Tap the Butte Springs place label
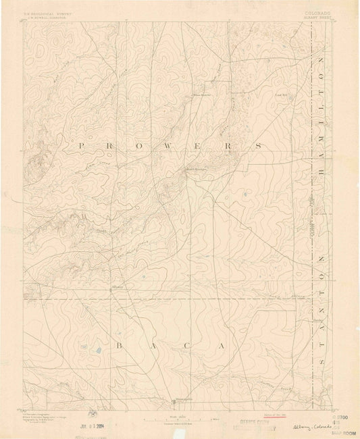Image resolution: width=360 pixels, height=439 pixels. (x=195, y=170)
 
